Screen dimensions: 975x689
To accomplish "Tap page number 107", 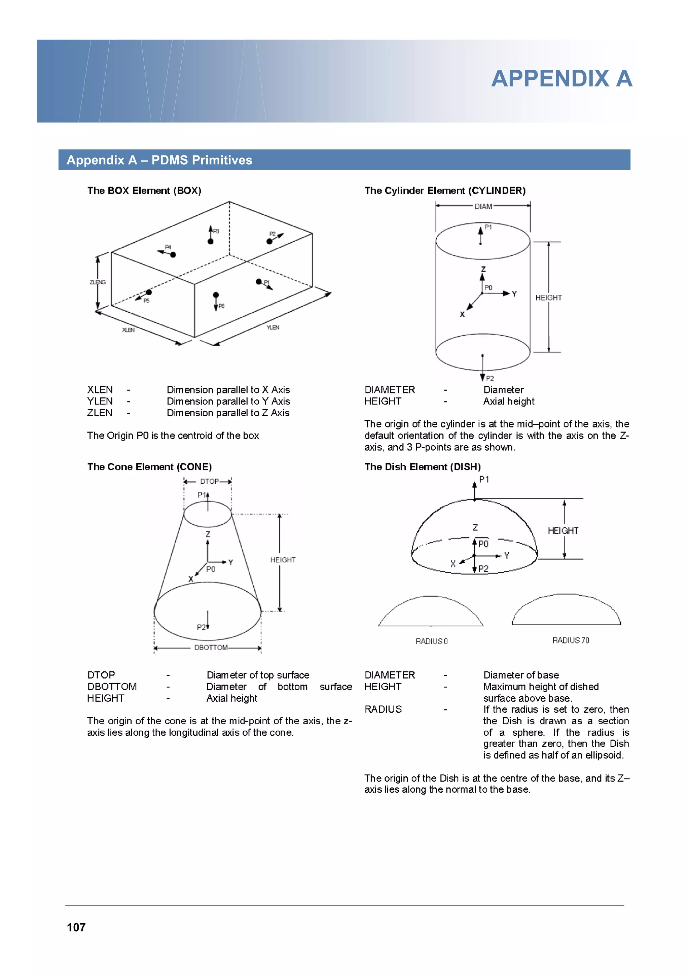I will tap(76, 927).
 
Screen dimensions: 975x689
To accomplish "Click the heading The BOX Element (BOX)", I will tap(144, 191).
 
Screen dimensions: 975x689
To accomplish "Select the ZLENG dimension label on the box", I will tap(98, 282).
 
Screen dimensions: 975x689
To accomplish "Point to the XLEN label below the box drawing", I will tap(128, 330).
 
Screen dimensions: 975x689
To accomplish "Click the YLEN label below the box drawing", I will tap(273, 327).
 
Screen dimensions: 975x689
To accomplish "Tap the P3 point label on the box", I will tap(216, 232).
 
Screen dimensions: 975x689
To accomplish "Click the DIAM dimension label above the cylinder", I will tap(483, 206).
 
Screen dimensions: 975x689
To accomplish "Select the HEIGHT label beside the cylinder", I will tap(548, 298).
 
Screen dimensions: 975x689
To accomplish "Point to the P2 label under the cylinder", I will tap(489, 378).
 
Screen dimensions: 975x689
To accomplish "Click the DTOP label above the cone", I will tap(209, 481).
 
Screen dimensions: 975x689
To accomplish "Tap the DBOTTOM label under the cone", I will tap(211, 647).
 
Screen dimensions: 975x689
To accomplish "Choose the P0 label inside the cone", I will tap(211, 569).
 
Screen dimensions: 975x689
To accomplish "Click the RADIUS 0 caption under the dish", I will tap(431, 641).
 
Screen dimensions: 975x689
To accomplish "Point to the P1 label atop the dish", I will tap(484, 480).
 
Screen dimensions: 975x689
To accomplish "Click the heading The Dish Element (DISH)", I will tap(423, 467).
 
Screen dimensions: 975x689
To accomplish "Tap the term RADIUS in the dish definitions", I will tap(383, 709).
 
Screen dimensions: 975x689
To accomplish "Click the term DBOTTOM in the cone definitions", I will tap(112, 687).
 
